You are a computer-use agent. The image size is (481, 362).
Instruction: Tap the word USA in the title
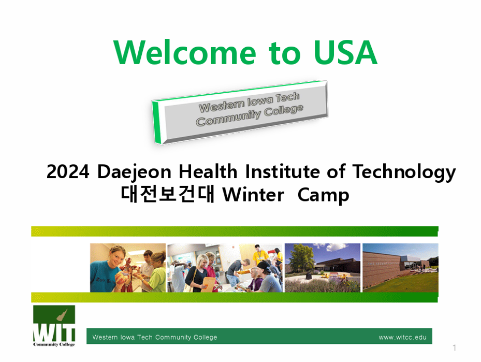tap(345, 52)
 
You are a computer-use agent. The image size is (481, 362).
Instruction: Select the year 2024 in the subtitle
tap(68, 171)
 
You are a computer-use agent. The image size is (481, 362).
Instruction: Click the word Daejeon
tap(134, 171)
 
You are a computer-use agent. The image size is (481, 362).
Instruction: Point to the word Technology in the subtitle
tap(404, 172)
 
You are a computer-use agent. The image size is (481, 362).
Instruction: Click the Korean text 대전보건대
tap(167, 194)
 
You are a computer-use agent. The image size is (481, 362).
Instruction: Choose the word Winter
tap(253, 195)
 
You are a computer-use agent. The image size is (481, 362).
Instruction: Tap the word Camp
tap(323, 196)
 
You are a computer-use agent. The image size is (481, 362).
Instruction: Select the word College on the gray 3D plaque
tap(283, 110)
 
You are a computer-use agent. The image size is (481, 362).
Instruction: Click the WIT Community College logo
tap(54, 326)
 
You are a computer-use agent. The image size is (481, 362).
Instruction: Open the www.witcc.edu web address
tap(402, 338)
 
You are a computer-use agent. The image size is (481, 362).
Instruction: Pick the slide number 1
tap(454, 347)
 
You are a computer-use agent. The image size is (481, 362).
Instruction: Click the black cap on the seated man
tap(265, 265)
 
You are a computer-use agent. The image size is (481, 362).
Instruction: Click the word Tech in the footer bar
tap(145, 337)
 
